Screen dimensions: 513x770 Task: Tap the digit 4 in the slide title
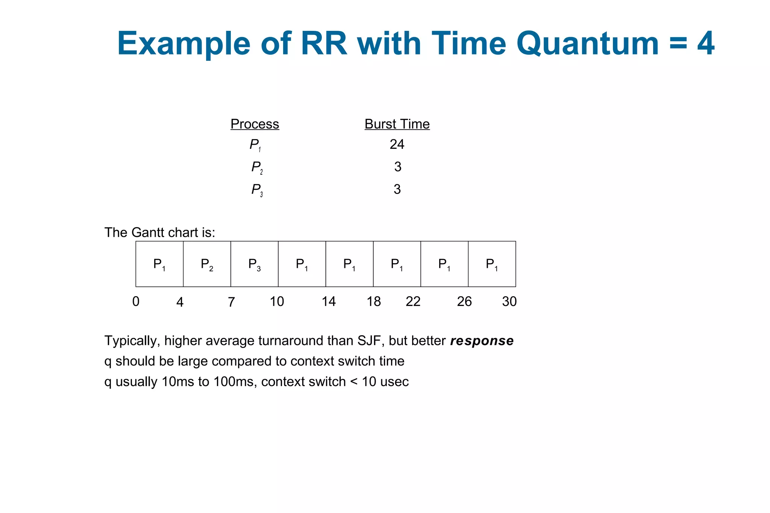click(x=706, y=44)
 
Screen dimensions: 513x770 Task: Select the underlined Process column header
click(x=255, y=124)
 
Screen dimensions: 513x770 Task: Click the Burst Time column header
click(x=397, y=124)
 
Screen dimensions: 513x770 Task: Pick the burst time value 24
click(x=397, y=144)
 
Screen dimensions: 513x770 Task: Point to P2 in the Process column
click(x=257, y=167)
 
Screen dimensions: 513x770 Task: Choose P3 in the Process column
click(x=257, y=190)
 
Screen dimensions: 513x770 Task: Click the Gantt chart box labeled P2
click(x=207, y=264)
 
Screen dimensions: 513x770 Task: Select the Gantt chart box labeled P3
click(x=254, y=264)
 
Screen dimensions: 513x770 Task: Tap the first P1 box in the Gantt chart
click(x=159, y=264)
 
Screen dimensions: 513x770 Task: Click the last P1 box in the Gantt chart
click(x=492, y=264)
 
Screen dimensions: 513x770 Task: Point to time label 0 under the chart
click(x=136, y=301)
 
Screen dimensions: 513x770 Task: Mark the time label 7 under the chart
click(x=231, y=302)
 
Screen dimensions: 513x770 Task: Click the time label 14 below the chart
click(x=329, y=301)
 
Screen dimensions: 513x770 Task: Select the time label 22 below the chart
click(x=413, y=301)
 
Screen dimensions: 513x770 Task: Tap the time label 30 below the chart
click(x=509, y=301)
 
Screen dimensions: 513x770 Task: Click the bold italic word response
click(x=482, y=341)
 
